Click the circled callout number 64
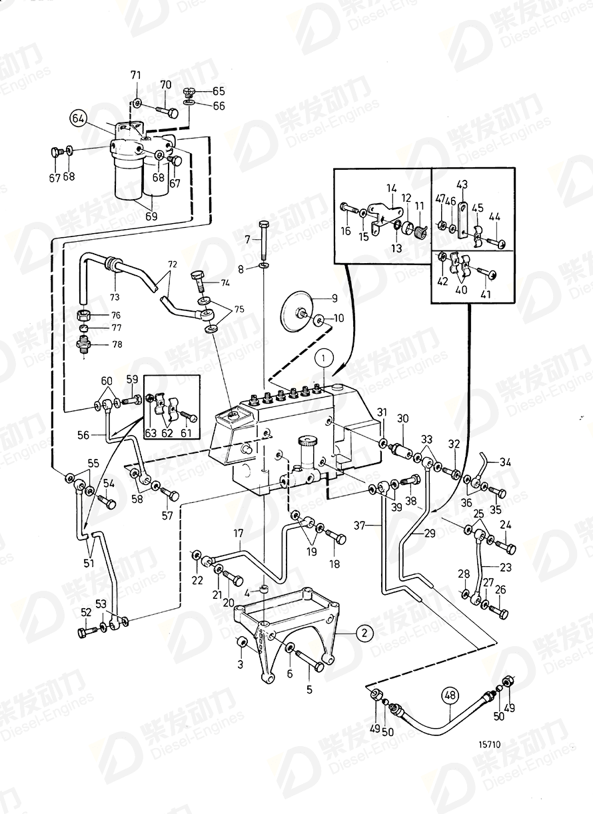(x=78, y=119)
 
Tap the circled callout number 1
(x=324, y=358)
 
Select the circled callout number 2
(x=364, y=633)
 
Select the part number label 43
(x=463, y=184)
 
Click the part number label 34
(x=506, y=461)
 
